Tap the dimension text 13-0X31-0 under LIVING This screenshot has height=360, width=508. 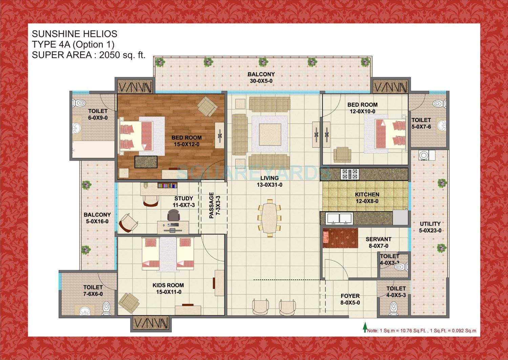(x=270, y=185)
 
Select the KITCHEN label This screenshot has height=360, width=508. (x=367, y=195)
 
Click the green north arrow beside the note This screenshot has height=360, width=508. (x=365, y=327)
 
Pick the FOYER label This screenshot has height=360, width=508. (x=350, y=296)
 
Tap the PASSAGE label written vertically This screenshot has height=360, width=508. (x=212, y=205)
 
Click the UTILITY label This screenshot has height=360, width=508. (x=430, y=224)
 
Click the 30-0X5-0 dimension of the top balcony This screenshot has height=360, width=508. (x=261, y=81)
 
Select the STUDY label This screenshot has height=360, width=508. (x=184, y=198)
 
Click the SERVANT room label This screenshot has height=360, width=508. (x=378, y=239)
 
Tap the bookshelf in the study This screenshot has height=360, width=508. (x=167, y=185)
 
